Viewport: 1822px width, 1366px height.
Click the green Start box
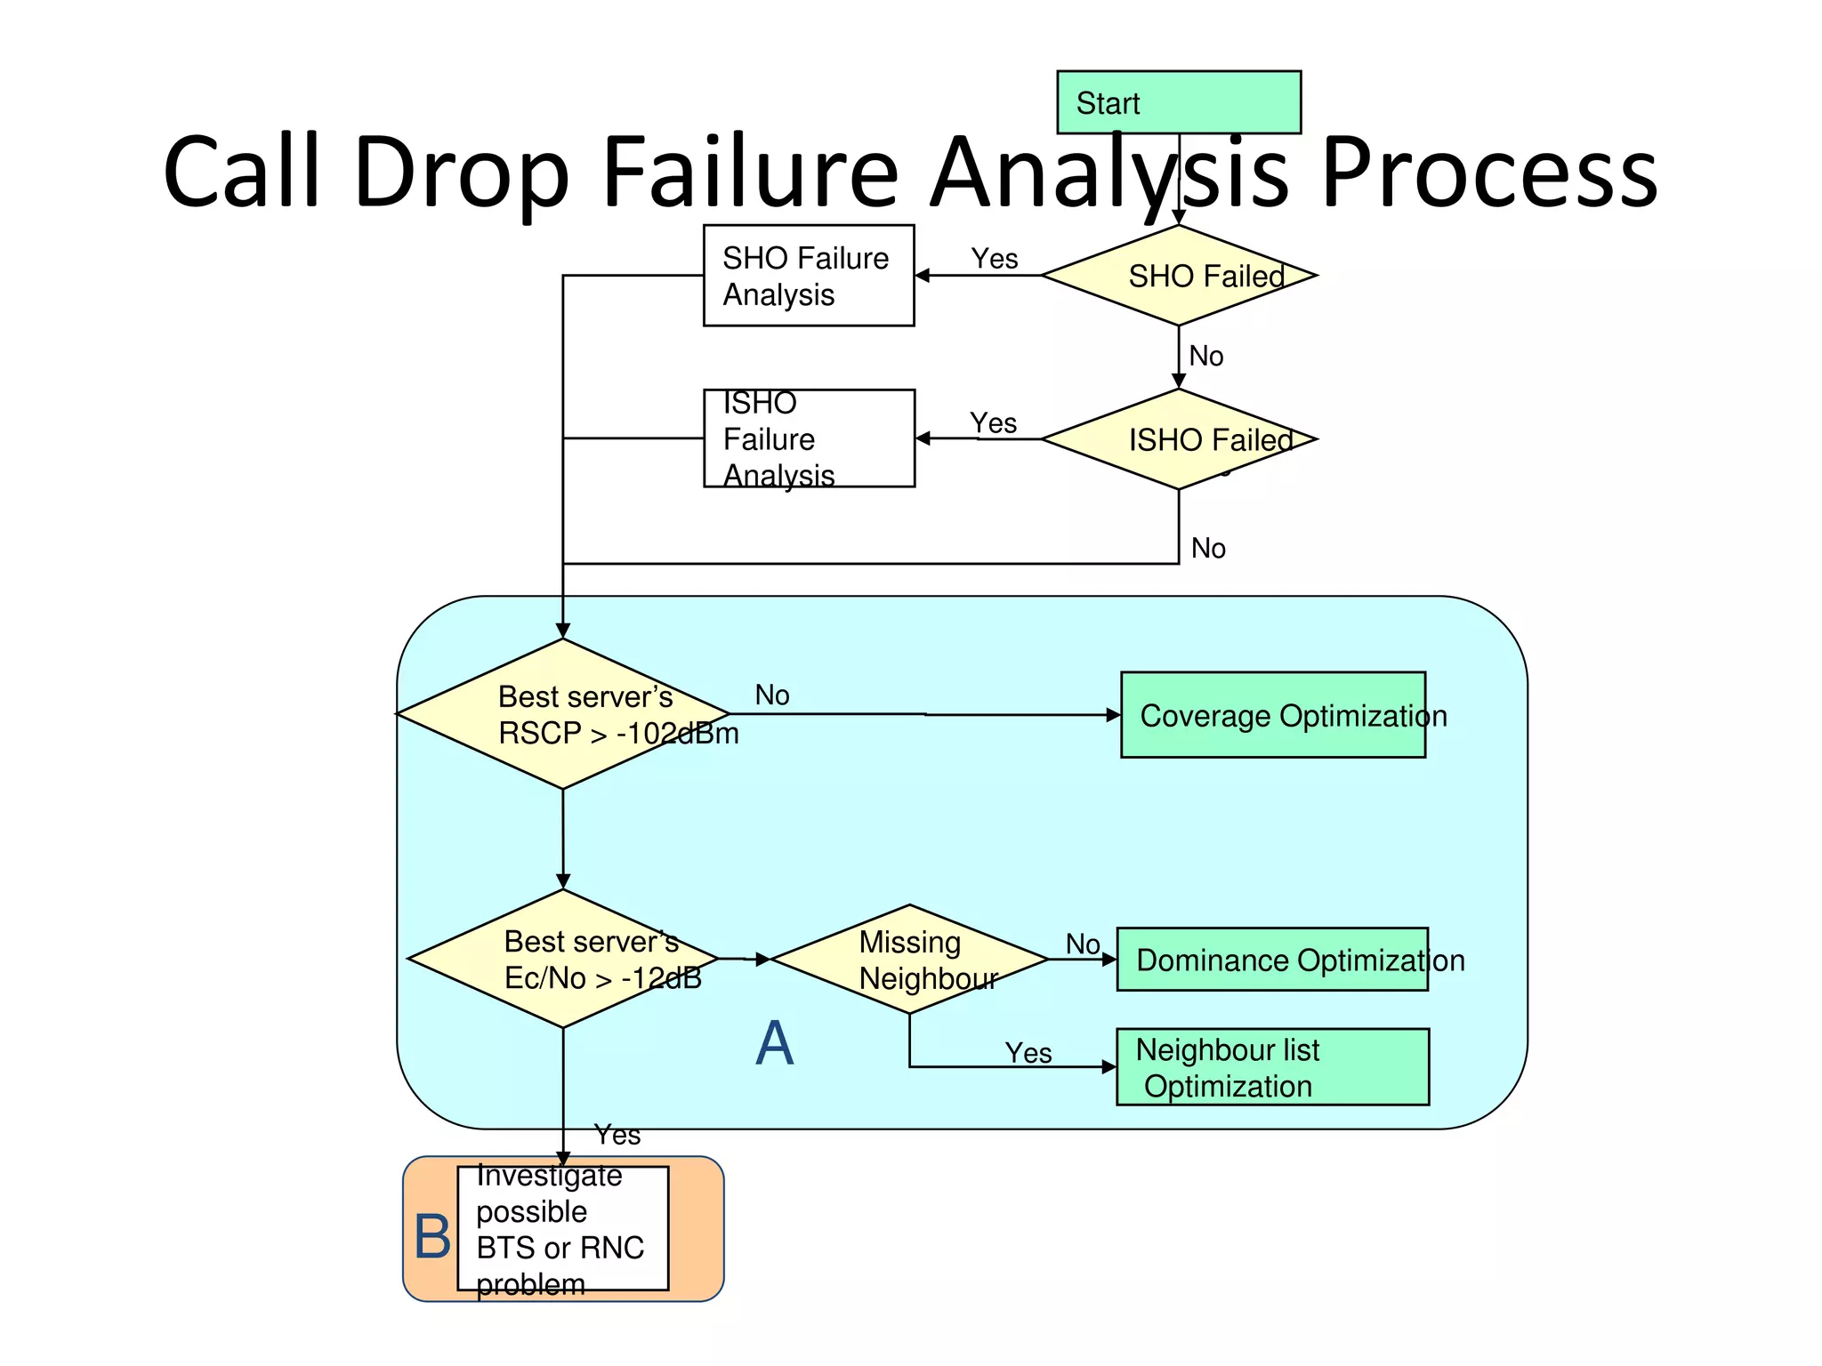[x=1178, y=102]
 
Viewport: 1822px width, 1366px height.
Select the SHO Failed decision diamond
[x=1178, y=276]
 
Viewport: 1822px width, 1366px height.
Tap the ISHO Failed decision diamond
[x=1178, y=439]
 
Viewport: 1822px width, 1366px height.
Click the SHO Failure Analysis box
[x=808, y=276]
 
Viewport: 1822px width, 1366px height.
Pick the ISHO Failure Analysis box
[x=808, y=438]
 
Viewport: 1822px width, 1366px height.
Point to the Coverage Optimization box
[x=1272, y=715]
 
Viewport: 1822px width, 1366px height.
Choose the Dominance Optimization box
[x=1272, y=960]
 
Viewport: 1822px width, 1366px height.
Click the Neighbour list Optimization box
[x=1272, y=1067]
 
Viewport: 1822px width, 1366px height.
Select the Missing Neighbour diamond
[x=909, y=960]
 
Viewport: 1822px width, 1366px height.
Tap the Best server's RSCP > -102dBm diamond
[x=562, y=714]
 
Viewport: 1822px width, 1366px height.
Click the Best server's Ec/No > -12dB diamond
[x=562, y=959]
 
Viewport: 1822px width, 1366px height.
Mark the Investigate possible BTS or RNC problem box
[x=562, y=1228]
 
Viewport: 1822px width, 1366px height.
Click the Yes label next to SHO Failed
[x=994, y=259]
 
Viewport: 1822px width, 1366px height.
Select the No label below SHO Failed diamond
[x=1205, y=356]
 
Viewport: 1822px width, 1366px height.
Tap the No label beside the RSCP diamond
[x=771, y=695]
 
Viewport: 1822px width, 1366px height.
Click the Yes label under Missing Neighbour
[x=1028, y=1053]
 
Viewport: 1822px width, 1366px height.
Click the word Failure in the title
[x=750, y=172]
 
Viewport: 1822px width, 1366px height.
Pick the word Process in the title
[x=1488, y=172]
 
